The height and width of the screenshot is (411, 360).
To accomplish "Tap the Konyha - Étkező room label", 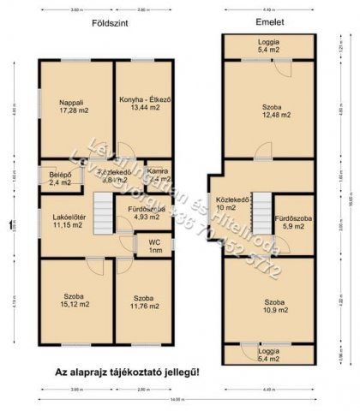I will pos(146,105).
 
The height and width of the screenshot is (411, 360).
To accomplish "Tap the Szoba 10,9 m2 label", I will pos(275,307).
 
